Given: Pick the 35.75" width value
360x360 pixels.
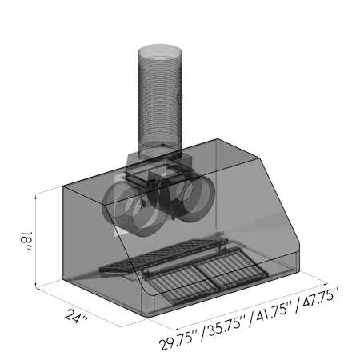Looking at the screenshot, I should coord(226,327).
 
